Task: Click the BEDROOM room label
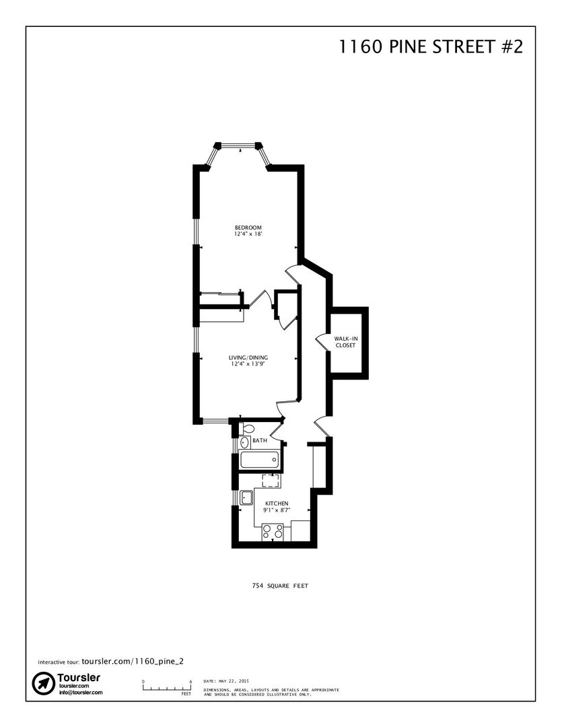[x=248, y=228]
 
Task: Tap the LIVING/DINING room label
[x=248, y=357]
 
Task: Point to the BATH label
[x=260, y=440]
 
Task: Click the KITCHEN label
[x=277, y=504]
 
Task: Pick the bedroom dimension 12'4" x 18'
[x=248, y=234]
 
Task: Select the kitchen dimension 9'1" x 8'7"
[x=277, y=510]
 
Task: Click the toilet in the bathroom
[x=248, y=428]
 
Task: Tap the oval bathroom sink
[x=244, y=442]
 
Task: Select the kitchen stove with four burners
[x=273, y=532]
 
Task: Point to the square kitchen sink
[x=246, y=498]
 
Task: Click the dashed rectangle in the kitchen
[x=271, y=481]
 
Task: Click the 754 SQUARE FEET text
[x=280, y=586]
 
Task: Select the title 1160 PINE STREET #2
[x=431, y=47]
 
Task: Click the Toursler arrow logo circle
[x=44, y=683]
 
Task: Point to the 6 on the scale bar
[x=190, y=681]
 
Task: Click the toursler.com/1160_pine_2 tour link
[x=133, y=661]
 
